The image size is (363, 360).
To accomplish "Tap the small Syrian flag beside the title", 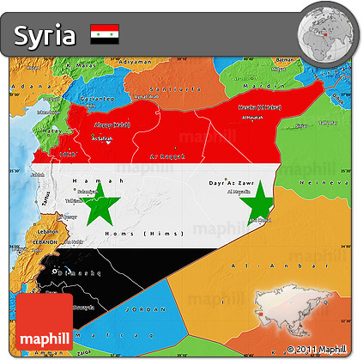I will coord(105,34).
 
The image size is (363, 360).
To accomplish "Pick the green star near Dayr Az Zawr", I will coord(257,204).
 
